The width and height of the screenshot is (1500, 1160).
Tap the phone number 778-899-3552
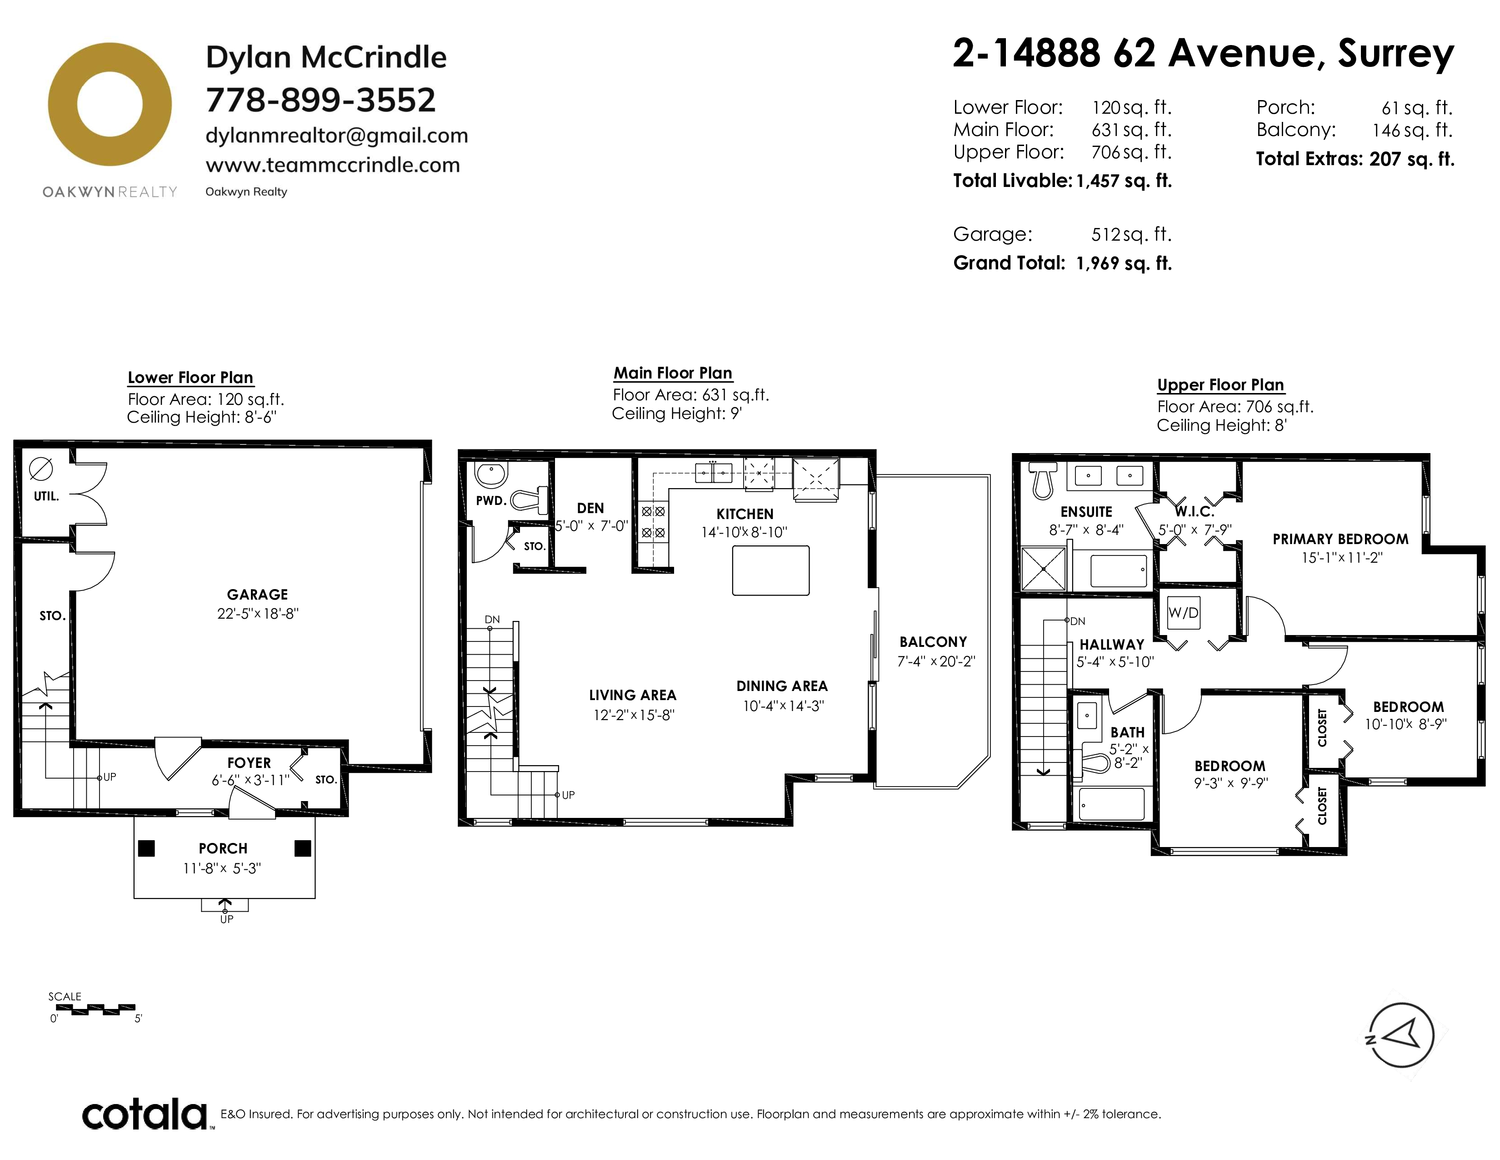coord(321,101)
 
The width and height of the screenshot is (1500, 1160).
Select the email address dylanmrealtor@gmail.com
coord(336,136)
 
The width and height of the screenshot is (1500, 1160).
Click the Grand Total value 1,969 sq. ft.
coord(1124,263)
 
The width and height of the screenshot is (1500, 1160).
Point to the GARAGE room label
coord(258,595)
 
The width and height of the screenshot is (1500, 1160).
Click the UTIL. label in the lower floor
coord(46,496)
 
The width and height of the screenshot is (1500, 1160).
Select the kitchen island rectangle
coord(770,570)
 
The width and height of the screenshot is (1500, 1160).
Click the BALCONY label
coord(933,642)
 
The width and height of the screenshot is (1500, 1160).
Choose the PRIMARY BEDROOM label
coord(1340,540)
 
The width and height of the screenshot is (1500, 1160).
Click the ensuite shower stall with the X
coord(1043,568)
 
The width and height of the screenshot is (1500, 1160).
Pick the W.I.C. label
coord(1195,511)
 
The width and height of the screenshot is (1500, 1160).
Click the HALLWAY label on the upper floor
coord(1112,645)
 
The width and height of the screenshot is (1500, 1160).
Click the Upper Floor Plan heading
coord(1220,385)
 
